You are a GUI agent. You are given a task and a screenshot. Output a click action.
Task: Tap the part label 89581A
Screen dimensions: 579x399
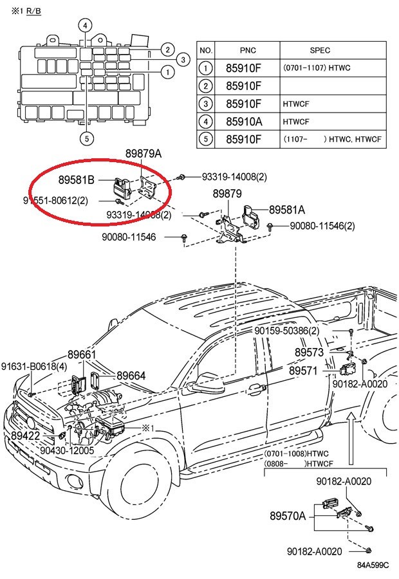tap(287, 210)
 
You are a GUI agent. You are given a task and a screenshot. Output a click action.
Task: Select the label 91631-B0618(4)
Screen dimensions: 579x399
tap(33, 366)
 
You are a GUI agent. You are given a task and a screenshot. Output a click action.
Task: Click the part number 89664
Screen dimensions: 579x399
tap(131, 376)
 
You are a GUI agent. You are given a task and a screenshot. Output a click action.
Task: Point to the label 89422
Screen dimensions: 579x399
tap(25, 436)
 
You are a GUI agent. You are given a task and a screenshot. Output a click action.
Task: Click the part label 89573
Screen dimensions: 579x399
tap(310, 353)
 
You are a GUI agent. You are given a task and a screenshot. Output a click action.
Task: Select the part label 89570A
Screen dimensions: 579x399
tap(288, 516)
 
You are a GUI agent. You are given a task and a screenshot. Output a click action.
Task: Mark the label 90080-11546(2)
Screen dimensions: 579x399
tap(322, 226)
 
